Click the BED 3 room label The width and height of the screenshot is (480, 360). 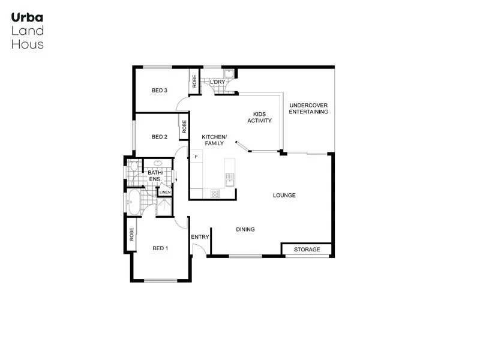(159, 91)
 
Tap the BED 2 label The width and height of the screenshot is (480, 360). (159, 137)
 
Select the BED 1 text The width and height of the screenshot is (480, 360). (160, 248)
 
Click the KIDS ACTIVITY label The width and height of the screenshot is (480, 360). (259, 117)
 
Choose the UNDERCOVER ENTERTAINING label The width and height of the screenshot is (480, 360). (308, 109)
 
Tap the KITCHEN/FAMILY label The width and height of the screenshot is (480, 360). (214, 140)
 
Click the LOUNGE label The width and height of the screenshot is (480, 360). (284, 196)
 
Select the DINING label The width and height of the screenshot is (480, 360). (245, 229)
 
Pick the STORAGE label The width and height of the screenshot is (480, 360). (307, 250)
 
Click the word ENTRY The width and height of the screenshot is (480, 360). (200, 237)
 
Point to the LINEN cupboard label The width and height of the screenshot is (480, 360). (165, 192)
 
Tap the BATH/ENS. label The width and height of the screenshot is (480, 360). (155, 176)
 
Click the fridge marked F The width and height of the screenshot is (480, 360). (196, 157)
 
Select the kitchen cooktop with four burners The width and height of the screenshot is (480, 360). (215, 193)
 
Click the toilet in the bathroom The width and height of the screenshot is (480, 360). (133, 169)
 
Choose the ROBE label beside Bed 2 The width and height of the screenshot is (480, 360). (184, 127)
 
